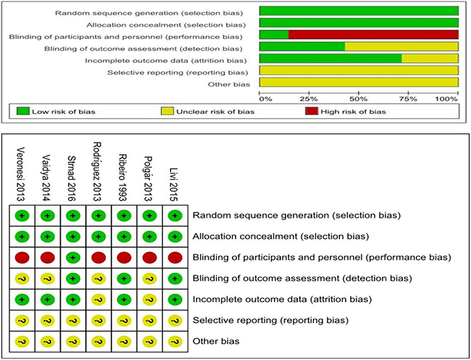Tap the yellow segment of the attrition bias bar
click(x=430, y=59)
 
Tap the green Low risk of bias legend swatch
click(x=20, y=112)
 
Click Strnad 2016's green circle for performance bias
click(x=72, y=256)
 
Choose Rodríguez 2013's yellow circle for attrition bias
click(x=97, y=298)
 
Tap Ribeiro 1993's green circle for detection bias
click(x=122, y=277)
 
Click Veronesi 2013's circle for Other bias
click(x=21, y=340)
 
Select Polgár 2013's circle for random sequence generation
click(x=148, y=215)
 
